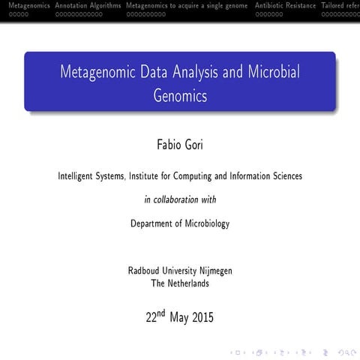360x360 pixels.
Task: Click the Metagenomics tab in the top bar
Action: [x=25, y=5]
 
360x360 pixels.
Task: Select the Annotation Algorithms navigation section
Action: [x=88, y=5]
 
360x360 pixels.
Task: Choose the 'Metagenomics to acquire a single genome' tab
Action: [x=187, y=5]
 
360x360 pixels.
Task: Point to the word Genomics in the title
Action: [x=179, y=96]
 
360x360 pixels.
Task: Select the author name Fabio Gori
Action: [x=179, y=143]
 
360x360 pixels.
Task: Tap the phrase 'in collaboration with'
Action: [x=179, y=199]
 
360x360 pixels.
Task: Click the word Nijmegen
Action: [x=212, y=271]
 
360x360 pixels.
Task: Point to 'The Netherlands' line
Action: [x=180, y=283]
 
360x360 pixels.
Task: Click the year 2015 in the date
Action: [x=202, y=317]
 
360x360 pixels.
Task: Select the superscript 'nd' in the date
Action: [x=160, y=313]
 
